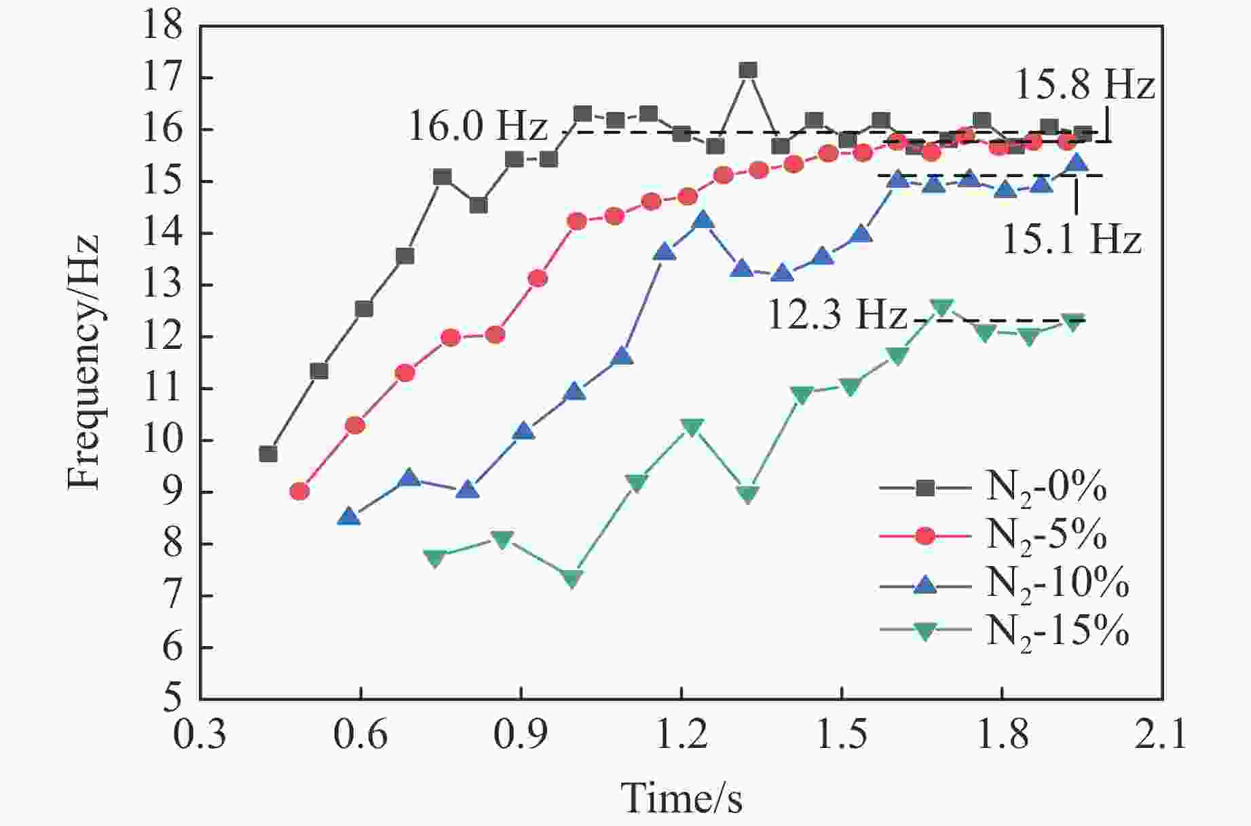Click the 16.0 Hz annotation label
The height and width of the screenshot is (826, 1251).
click(x=477, y=126)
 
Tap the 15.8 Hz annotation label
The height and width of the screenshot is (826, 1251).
click(x=1084, y=86)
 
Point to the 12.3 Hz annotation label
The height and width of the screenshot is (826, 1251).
click(x=836, y=315)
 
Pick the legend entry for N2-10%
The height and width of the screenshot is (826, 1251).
click(x=1056, y=583)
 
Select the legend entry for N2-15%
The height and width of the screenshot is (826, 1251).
click(x=1056, y=631)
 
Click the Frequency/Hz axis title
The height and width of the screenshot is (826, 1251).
click(x=84, y=362)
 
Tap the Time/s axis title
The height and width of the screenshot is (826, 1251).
click(x=681, y=797)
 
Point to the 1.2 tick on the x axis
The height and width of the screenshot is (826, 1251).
click(x=681, y=736)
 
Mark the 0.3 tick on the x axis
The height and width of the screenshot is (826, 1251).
click(x=200, y=736)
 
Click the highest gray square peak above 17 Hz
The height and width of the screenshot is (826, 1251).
click(x=748, y=70)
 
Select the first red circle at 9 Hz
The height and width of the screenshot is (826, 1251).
click(x=299, y=491)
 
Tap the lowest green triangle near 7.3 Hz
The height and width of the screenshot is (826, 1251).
click(x=572, y=579)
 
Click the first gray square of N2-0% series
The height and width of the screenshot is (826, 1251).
click(x=268, y=453)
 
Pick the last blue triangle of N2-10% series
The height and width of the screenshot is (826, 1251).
click(x=1077, y=163)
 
